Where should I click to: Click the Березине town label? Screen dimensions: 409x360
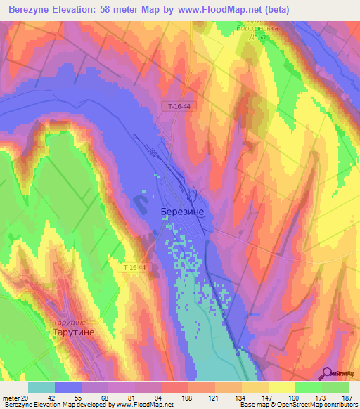(182, 210)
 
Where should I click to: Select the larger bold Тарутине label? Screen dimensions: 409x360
(74, 332)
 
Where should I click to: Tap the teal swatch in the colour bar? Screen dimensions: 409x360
(41, 387)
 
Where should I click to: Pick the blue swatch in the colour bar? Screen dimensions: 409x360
(68, 387)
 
